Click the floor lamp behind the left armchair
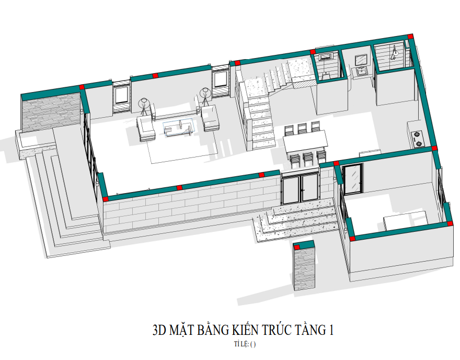tap(143, 106)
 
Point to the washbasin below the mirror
tap(361, 71)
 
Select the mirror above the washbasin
tap(361, 60)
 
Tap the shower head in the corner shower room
tap(395, 52)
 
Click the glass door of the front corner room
tap(353, 179)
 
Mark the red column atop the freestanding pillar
tap(297, 248)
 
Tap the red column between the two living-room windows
tap(155, 75)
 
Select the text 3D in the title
tap(159, 330)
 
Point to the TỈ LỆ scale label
tap(241, 344)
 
